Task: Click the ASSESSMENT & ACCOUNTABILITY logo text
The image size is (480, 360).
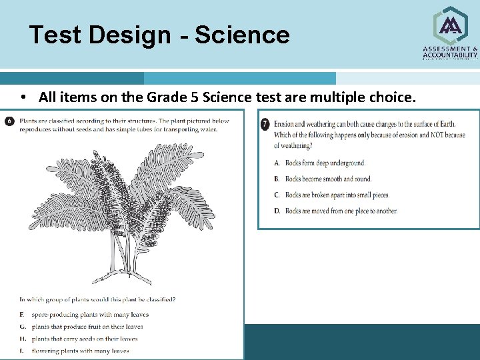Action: pyautogui.click(x=450, y=53)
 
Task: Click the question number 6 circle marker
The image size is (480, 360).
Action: pyautogui.click(x=9, y=121)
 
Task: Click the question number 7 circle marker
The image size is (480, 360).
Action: pyautogui.click(x=265, y=124)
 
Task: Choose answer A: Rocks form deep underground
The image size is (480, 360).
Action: pyautogui.click(x=320, y=163)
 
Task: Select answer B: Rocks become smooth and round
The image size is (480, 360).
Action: pyautogui.click(x=323, y=179)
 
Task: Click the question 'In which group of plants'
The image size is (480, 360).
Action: pyautogui.click(x=97, y=299)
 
